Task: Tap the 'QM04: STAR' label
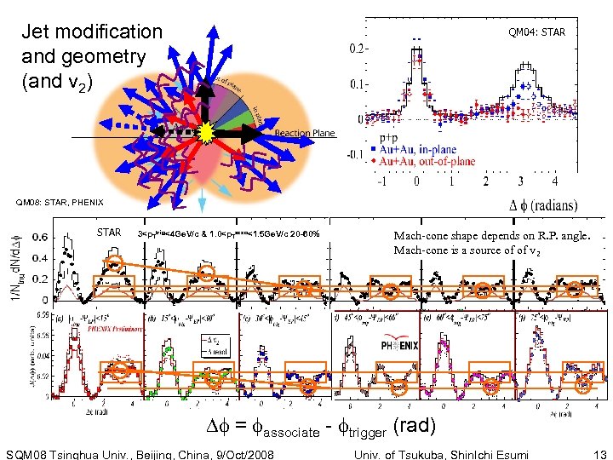point(536,33)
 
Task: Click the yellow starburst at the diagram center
point(207,133)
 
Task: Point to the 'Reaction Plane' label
point(305,134)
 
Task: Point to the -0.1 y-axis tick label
point(356,156)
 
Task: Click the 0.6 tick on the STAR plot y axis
point(38,237)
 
